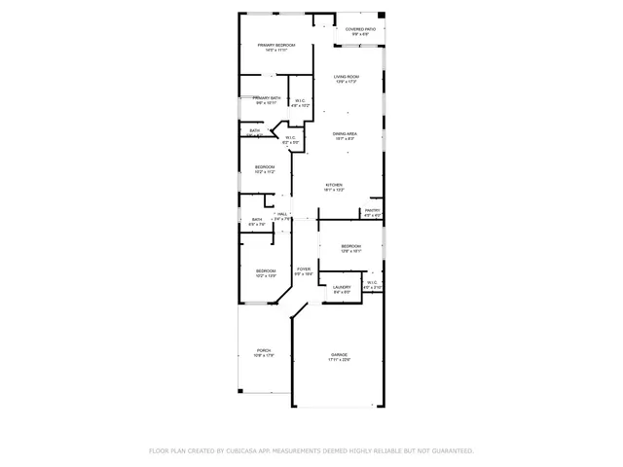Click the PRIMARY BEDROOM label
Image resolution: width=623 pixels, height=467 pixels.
pos(276,46)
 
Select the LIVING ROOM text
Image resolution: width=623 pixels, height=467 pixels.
pos(347,77)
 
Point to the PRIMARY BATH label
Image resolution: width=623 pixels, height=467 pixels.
pos(268,98)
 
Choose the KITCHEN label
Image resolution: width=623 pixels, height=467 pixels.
pos(334,185)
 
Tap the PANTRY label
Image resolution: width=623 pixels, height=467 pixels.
pos(372,210)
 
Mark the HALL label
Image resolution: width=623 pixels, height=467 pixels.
pos(282,214)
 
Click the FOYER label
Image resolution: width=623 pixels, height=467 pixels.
pos(304,269)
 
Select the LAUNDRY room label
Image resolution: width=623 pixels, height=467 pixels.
pos(342,287)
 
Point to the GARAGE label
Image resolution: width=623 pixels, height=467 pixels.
pos(339,355)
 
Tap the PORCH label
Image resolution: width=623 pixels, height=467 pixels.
pos(264,350)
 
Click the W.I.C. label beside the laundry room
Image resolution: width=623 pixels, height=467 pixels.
pos(372,283)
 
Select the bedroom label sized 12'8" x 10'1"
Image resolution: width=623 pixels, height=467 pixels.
pos(350,247)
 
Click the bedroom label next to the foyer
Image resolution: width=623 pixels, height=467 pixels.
pos(266,270)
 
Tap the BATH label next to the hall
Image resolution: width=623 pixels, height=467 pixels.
pos(257,220)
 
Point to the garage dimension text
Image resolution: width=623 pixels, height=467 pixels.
pos(339,361)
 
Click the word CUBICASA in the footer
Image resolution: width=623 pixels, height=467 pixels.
pos(242,450)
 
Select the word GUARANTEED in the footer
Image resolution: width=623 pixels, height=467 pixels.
pos(452,450)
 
